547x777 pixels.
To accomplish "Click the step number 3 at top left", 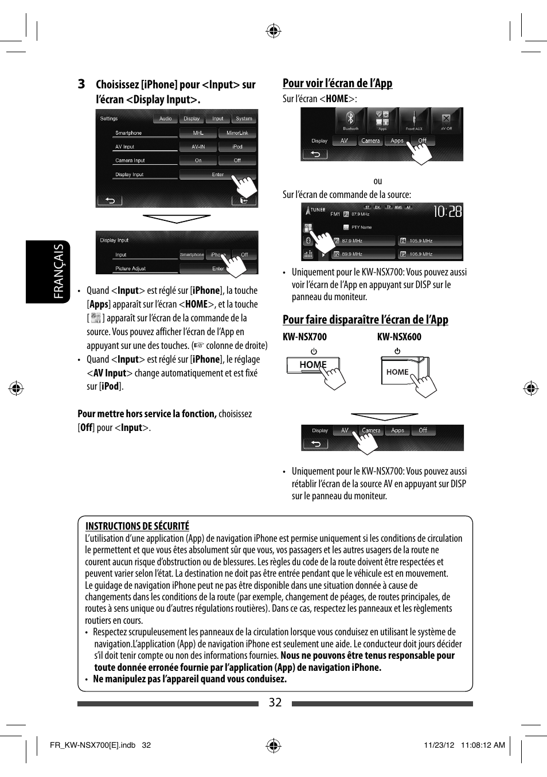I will (x=81, y=84).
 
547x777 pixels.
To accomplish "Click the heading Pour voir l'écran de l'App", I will (x=337, y=83).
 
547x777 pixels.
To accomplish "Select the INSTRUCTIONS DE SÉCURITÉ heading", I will (x=137, y=526).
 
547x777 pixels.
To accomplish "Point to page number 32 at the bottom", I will (x=275, y=702).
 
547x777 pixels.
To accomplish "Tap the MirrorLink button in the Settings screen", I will (x=237, y=133).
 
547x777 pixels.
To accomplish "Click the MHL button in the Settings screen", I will (x=198, y=133).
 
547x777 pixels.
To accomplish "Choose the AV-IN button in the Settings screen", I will (x=198, y=147).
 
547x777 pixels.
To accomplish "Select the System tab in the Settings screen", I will (x=244, y=119).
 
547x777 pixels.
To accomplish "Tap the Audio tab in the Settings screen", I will (x=166, y=119).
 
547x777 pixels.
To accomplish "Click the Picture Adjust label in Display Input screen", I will (x=131, y=269).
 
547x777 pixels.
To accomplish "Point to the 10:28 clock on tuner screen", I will (x=447, y=212).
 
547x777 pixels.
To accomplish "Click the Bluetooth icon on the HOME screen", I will (x=350, y=120).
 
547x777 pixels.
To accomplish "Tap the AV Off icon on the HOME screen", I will (x=446, y=120).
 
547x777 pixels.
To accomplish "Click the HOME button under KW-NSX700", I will (x=312, y=365).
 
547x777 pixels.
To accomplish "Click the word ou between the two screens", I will (x=377, y=181).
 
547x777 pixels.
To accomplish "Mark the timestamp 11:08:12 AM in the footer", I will (x=483, y=745).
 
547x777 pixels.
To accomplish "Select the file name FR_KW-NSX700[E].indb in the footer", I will (x=92, y=745).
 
